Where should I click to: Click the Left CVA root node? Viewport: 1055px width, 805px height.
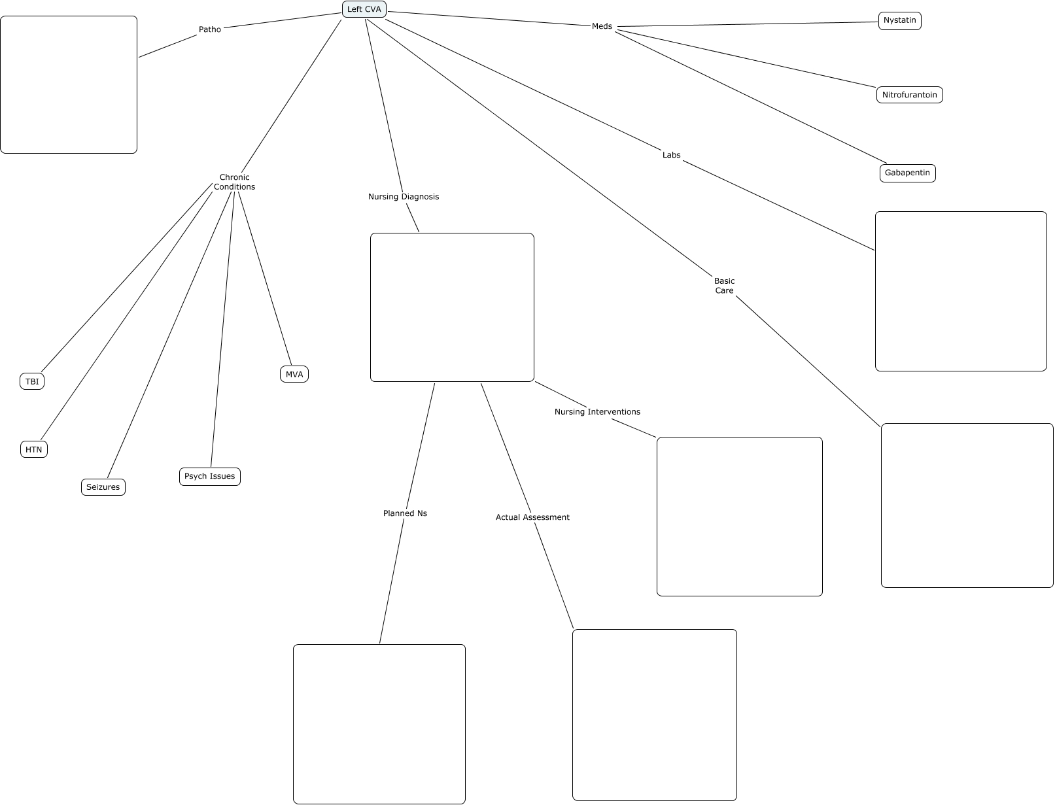[x=364, y=9]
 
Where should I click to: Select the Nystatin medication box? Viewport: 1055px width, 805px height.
[x=900, y=21]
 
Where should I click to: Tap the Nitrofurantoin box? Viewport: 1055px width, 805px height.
[x=909, y=95]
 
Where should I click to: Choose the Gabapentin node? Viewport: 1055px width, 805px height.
[x=907, y=173]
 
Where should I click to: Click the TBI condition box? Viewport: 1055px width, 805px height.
[x=32, y=381]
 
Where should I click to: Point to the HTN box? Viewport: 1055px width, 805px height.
[x=33, y=449]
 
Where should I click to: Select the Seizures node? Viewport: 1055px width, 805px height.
[x=103, y=487]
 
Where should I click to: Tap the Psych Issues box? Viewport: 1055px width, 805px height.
[x=209, y=476]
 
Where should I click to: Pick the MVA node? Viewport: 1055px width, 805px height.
[x=294, y=375]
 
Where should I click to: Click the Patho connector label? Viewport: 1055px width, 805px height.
[x=209, y=29]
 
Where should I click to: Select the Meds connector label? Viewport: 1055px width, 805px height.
[x=602, y=26]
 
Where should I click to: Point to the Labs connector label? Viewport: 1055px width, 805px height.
[x=671, y=155]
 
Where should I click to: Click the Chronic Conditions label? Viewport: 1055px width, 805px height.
[x=234, y=182]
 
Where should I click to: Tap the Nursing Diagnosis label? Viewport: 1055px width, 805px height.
[x=404, y=197]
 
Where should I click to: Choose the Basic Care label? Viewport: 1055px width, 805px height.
[x=724, y=286]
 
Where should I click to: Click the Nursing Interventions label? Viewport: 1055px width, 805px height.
[x=597, y=412]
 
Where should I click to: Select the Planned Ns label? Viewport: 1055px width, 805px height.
[x=405, y=513]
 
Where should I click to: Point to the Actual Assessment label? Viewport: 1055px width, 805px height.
[x=532, y=517]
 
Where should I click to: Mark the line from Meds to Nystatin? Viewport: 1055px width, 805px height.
[x=748, y=24]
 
